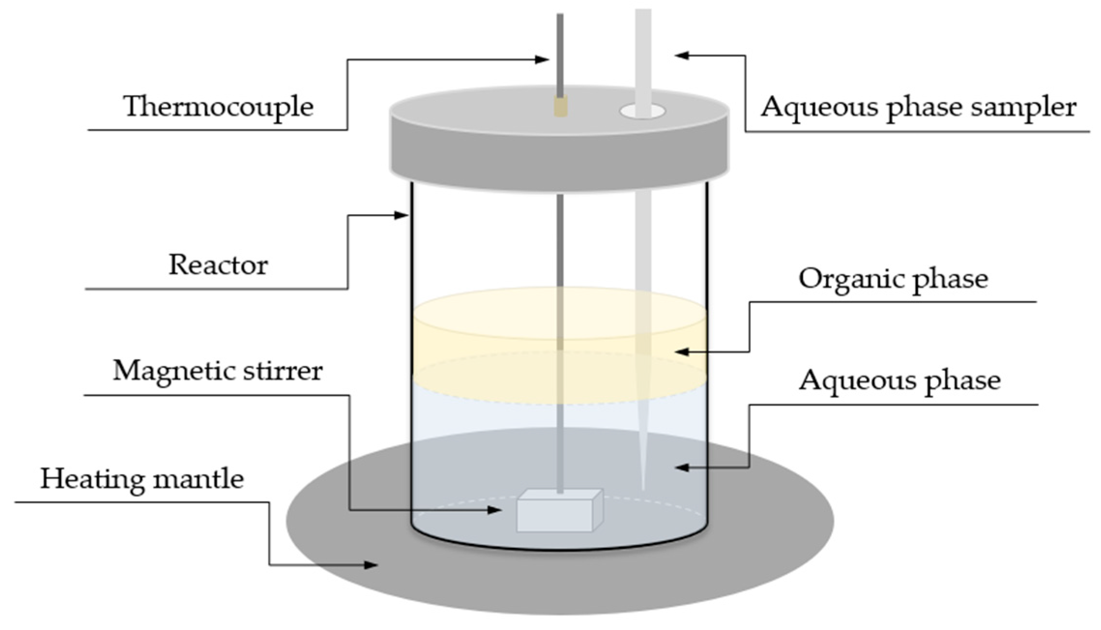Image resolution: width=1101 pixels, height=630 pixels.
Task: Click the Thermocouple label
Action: point(218,106)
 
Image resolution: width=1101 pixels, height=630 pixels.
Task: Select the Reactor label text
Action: point(218,265)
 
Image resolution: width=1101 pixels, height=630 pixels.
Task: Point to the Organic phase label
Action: point(893,279)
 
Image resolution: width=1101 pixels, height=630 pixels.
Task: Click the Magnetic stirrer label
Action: point(217,371)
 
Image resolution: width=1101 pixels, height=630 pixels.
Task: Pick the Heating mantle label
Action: point(142,479)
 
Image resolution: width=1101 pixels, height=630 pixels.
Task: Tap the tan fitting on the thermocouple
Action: point(561,107)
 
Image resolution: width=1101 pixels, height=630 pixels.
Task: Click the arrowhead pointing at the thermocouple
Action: point(542,60)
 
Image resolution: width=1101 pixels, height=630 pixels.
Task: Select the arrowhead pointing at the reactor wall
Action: point(402,215)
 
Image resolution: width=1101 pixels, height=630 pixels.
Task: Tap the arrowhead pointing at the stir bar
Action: point(494,510)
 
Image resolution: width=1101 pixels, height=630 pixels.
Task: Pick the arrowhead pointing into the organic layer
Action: point(681,352)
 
